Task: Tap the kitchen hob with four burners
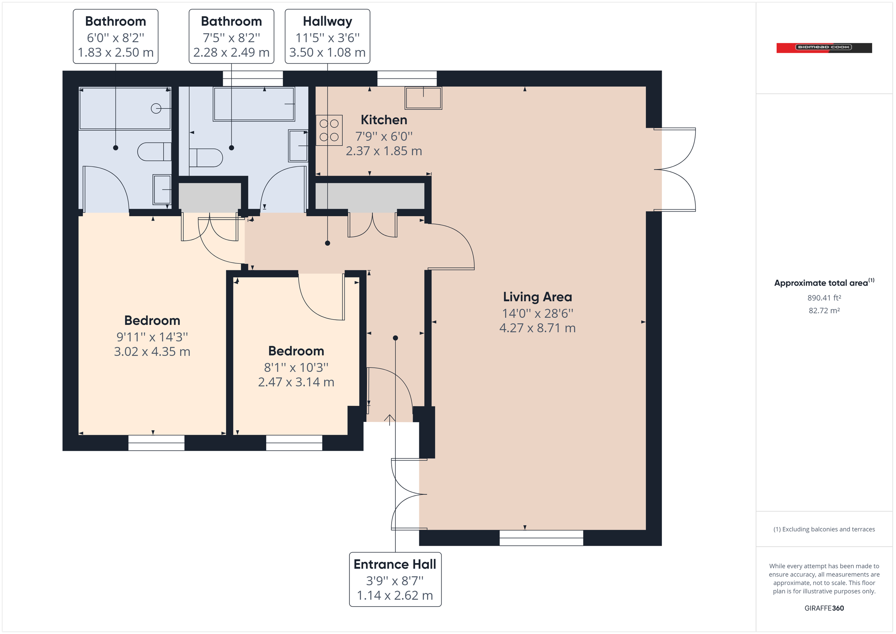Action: pos(329,130)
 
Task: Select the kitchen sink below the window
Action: pos(423,97)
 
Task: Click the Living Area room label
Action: pos(537,297)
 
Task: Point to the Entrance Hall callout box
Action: pos(395,579)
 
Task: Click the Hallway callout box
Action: pos(327,36)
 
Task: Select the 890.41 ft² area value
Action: pos(824,298)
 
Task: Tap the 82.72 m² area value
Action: pos(824,311)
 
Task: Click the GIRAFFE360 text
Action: pos(824,608)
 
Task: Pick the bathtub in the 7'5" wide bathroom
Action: pos(253,104)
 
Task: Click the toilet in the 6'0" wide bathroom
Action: pos(154,152)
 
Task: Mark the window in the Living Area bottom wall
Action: pos(541,538)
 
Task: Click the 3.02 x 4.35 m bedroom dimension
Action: pos(152,351)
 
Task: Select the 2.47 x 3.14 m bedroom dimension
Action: pos(296,382)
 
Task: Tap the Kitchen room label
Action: pos(384,120)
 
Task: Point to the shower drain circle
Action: pos(156,108)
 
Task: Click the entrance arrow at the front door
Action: pos(389,419)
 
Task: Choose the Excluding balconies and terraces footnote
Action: pos(824,529)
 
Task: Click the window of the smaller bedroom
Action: pos(294,443)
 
